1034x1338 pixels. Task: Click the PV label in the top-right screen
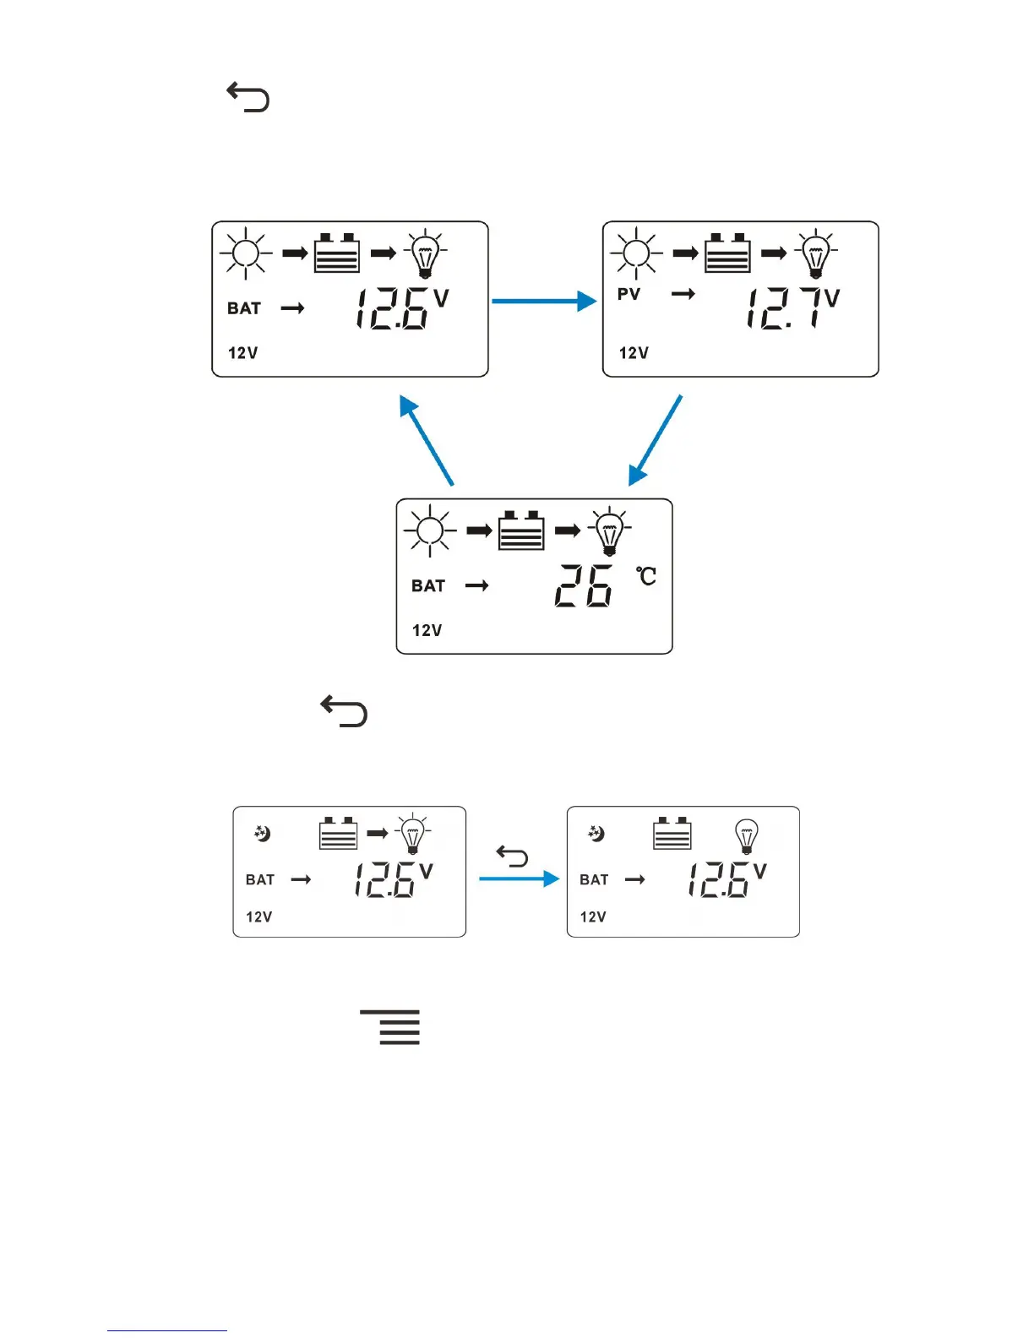[629, 294]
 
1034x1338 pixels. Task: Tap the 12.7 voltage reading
[783, 307]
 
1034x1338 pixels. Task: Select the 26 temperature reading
[583, 585]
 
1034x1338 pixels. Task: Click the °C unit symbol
[646, 576]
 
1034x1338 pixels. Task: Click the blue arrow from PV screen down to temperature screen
[656, 440]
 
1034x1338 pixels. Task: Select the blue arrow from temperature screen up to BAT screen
[427, 440]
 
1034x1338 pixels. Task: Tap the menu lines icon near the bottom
[390, 1026]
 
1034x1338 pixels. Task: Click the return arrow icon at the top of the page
[248, 97]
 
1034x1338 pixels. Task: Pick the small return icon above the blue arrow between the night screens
[512, 857]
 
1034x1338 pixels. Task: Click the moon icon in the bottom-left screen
[262, 834]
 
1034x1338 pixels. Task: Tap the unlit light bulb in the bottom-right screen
[747, 836]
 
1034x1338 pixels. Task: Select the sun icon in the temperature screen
[430, 530]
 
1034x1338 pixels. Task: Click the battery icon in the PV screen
[727, 253]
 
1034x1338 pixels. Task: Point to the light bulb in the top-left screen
[425, 253]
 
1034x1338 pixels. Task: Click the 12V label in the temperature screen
[427, 630]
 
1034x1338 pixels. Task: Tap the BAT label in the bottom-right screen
[594, 879]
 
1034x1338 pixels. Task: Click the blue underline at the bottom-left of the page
[167, 1330]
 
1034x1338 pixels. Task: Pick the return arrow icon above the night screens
[344, 710]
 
